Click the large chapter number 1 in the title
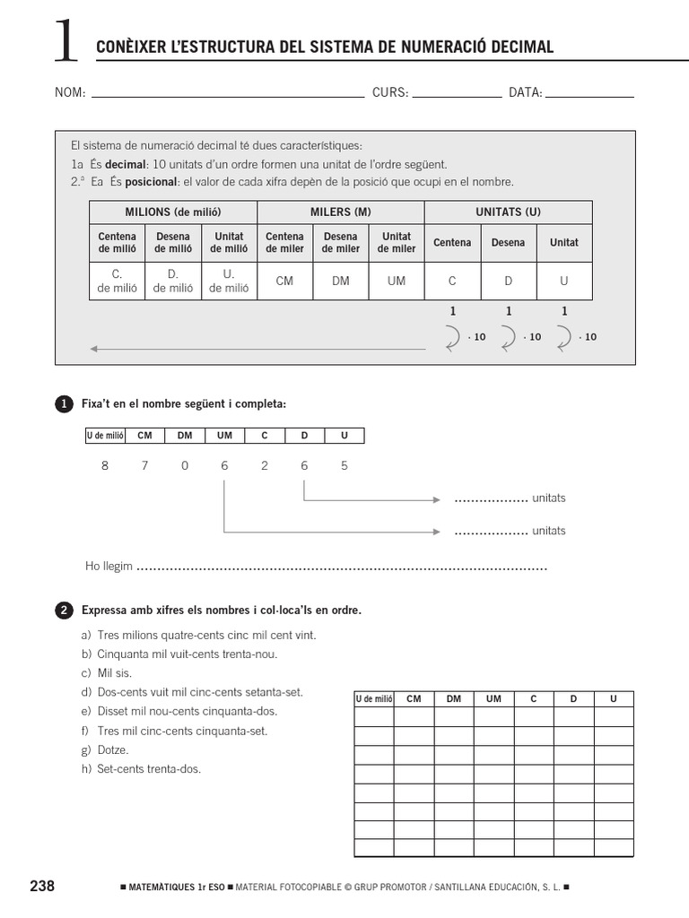(x=65, y=42)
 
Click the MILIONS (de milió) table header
(x=173, y=212)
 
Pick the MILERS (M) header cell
(x=340, y=212)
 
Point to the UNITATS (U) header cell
(x=508, y=212)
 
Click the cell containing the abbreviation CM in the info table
(x=284, y=281)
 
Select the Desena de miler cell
(x=340, y=243)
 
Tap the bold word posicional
(x=151, y=182)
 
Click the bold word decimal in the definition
(x=126, y=165)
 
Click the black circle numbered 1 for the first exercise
(x=64, y=405)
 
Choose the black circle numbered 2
(x=64, y=611)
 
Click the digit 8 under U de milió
(x=105, y=466)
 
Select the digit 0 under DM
(x=185, y=466)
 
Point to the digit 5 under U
(x=344, y=466)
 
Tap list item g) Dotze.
(x=106, y=750)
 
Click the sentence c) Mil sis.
(x=107, y=673)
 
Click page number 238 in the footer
(x=42, y=887)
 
